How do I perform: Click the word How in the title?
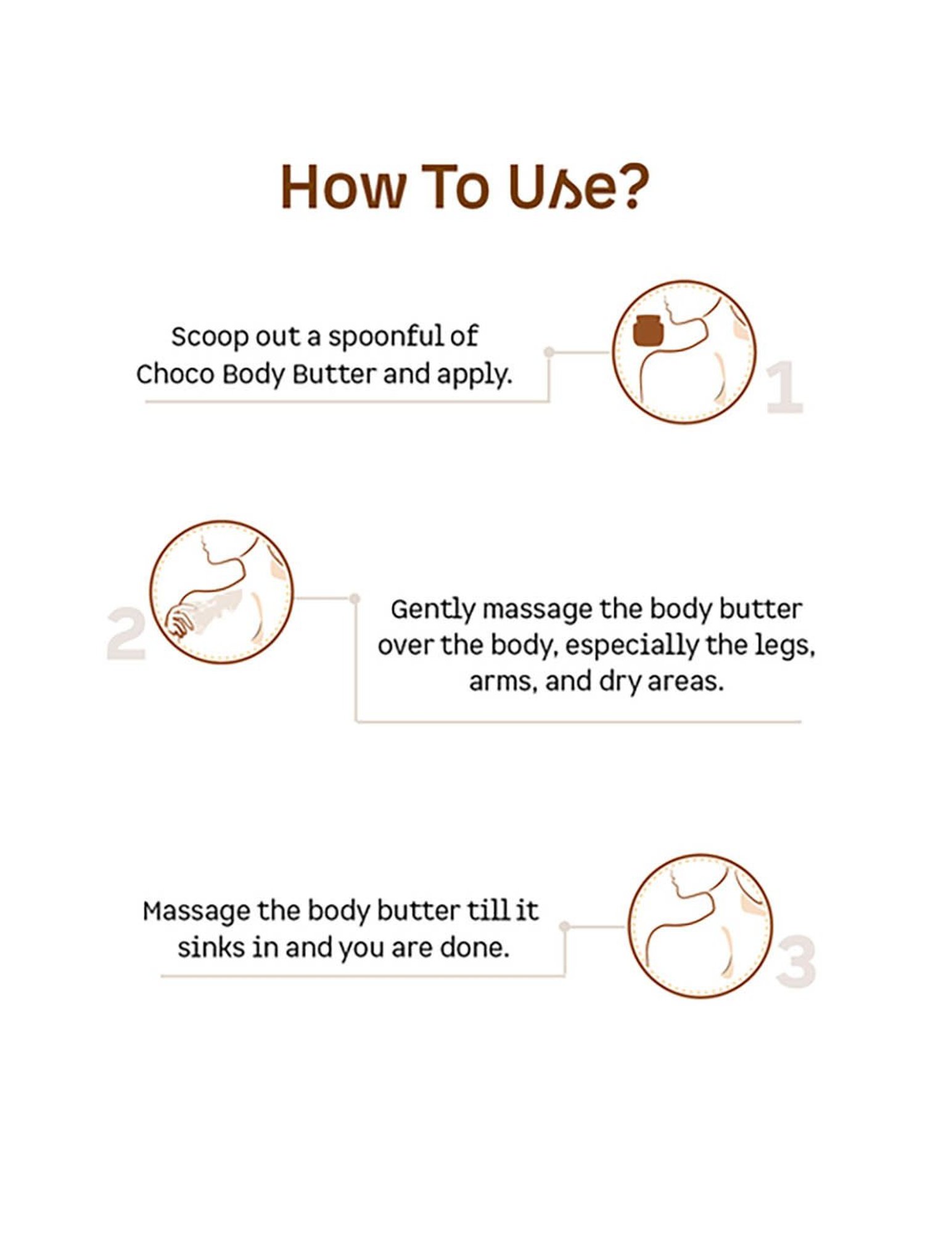click(343, 187)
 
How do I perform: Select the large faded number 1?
click(784, 387)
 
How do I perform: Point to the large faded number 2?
click(126, 634)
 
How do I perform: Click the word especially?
click(631, 647)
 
